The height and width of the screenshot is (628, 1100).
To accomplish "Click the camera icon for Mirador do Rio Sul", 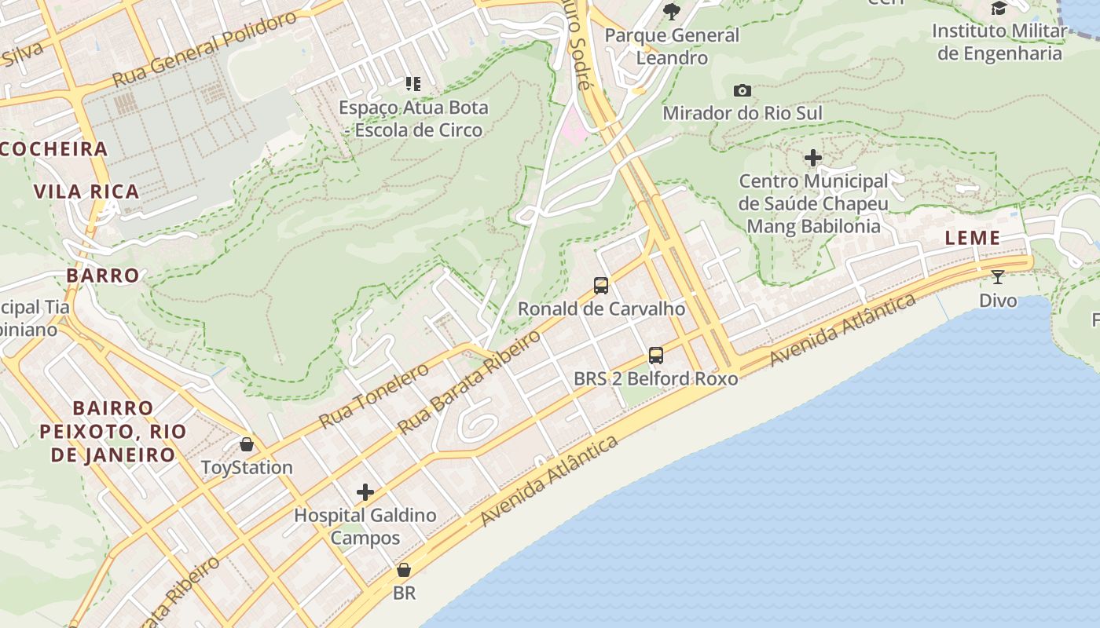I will click(742, 91).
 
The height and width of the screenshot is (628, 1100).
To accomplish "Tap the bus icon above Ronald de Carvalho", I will click(601, 286).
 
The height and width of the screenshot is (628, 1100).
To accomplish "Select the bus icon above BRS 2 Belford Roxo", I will click(656, 356).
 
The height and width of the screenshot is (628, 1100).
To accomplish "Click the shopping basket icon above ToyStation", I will click(247, 445).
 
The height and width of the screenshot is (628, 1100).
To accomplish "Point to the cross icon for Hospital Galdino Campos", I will click(365, 493).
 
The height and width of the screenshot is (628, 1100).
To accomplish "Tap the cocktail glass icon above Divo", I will click(998, 277).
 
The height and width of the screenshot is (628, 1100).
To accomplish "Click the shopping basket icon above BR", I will click(404, 570).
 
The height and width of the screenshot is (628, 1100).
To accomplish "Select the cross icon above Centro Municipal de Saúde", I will click(813, 159).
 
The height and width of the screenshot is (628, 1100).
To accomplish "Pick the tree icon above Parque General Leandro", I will click(671, 11).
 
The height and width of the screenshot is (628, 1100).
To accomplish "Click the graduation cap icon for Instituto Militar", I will click(999, 9).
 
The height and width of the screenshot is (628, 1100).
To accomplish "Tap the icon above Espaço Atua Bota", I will click(412, 84).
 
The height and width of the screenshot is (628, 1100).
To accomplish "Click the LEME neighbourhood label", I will click(973, 239).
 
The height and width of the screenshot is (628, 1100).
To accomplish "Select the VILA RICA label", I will click(86, 192).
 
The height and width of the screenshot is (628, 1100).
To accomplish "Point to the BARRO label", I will click(103, 276).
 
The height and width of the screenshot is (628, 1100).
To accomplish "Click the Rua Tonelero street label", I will click(373, 396).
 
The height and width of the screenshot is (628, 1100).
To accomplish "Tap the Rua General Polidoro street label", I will click(204, 50).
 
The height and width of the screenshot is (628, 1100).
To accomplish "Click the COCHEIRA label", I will click(53, 149).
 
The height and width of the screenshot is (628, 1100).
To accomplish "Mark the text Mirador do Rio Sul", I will click(742, 113).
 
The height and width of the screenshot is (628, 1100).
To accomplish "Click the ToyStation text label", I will click(247, 468).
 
